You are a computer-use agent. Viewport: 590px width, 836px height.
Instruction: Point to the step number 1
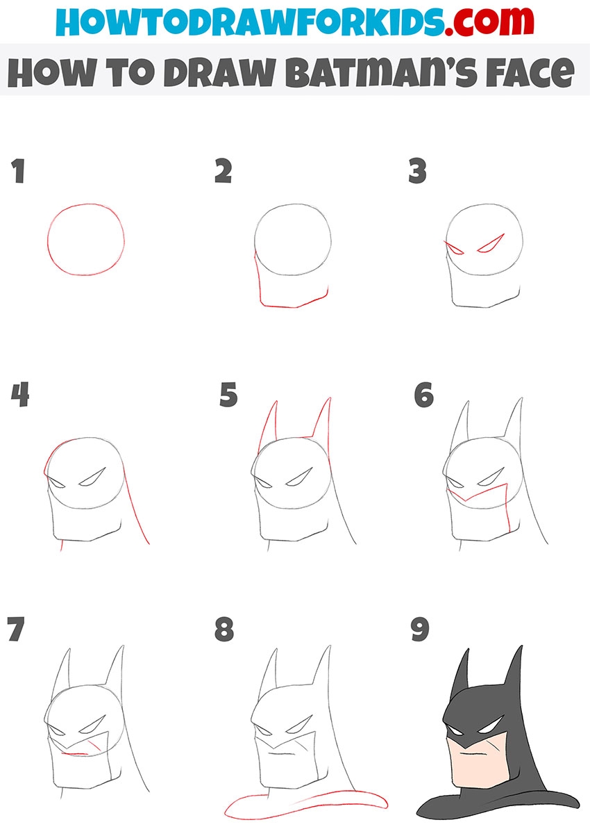(x=18, y=171)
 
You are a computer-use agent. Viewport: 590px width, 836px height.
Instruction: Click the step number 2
(x=224, y=171)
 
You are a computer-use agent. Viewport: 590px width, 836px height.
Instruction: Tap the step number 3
(x=417, y=171)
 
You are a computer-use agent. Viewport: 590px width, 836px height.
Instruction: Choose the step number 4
(x=20, y=395)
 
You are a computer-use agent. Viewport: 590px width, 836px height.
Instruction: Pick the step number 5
(x=228, y=395)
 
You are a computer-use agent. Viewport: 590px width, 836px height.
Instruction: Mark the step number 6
(x=424, y=395)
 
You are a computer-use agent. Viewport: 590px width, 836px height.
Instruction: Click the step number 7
(x=16, y=629)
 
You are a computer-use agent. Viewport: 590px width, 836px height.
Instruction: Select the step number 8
(x=224, y=629)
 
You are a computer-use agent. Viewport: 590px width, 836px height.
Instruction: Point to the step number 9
(x=420, y=629)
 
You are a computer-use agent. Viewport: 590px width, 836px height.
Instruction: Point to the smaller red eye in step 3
(x=455, y=249)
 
